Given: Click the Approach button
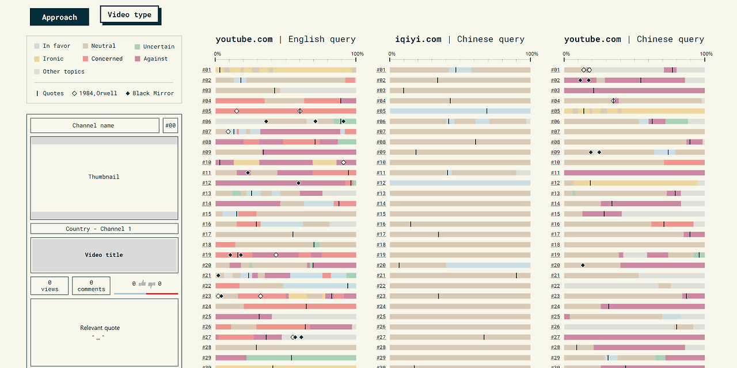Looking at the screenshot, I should tap(59, 17).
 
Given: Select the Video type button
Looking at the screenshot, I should tap(130, 14).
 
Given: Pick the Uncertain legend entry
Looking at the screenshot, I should tap(154, 47).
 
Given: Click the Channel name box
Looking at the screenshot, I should tap(94, 126).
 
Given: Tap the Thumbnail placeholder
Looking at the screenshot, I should tap(104, 177).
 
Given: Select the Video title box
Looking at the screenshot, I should tap(104, 255).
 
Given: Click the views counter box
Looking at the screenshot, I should tap(50, 286).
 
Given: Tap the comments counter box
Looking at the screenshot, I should tap(91, 286).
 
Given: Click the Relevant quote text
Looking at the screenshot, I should tap(100, 328).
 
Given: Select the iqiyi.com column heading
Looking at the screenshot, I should tap(418, 39).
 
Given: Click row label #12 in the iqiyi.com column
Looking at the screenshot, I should tap(381, 183).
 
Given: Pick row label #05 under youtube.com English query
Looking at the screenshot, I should tap(207, 111).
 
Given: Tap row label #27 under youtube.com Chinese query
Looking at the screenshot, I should tap(555, 337).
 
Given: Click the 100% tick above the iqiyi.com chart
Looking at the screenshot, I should tap(531, 54).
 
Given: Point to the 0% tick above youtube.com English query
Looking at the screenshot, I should tap(217, 54).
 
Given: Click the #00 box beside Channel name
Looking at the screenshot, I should tap(170, 126).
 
